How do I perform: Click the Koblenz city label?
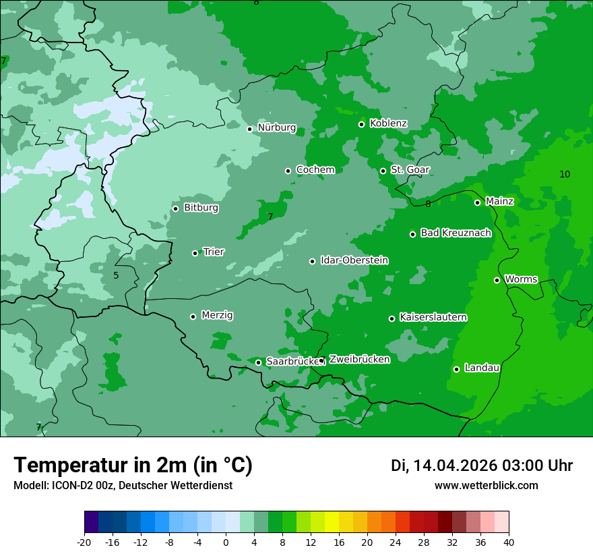pyautogui.click(x=388, y=123)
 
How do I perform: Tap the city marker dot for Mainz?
pyautogui.click(x=477, y=202)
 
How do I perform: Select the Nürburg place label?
pyautogui.click(x=276, y=128)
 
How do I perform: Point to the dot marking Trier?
pyautogui.click(x=195, y=253)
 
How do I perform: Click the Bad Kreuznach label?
pyautogui.click(x=456, y=233)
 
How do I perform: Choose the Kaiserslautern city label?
pyautogui.click(x=433, y=317)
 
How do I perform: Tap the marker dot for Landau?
pyautogui.click(x=456, y=369)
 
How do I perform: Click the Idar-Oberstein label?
pyautogui.click(x=354, y=260)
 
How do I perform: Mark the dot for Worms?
pyautogui.click(x=497, y=280)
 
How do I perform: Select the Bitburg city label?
pyautogui.click(x=201, y=208)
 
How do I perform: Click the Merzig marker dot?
pyautogui.click(x=193, y=316)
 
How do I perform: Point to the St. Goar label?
pyautogui.click(x=410, y=169)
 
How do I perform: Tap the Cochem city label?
pyautogui.click(x=315, y=170)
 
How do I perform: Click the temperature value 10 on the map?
pyautogui.click(x=565, y=175)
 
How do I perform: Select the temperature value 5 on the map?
pyautogui.click(x=116, y=276)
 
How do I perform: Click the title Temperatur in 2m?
pyautogui.click(x=133, y=466)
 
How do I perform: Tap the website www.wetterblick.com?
pyautogui.click(x=486, y=486)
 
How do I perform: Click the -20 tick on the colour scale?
pyautogui.click(x=84, y=542)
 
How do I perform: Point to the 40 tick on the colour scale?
pyautogui.click(x=509, y=542)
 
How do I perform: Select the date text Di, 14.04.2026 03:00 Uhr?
pyautogui.click(x=482, y=466)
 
